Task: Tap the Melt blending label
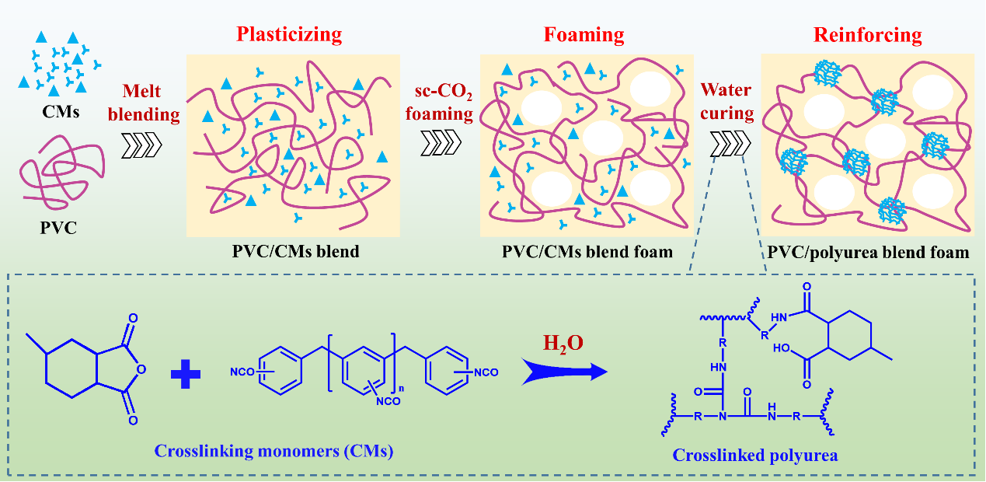click(147, 103)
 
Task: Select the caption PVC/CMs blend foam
click(585, 251)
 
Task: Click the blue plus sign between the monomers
click(185, 374)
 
